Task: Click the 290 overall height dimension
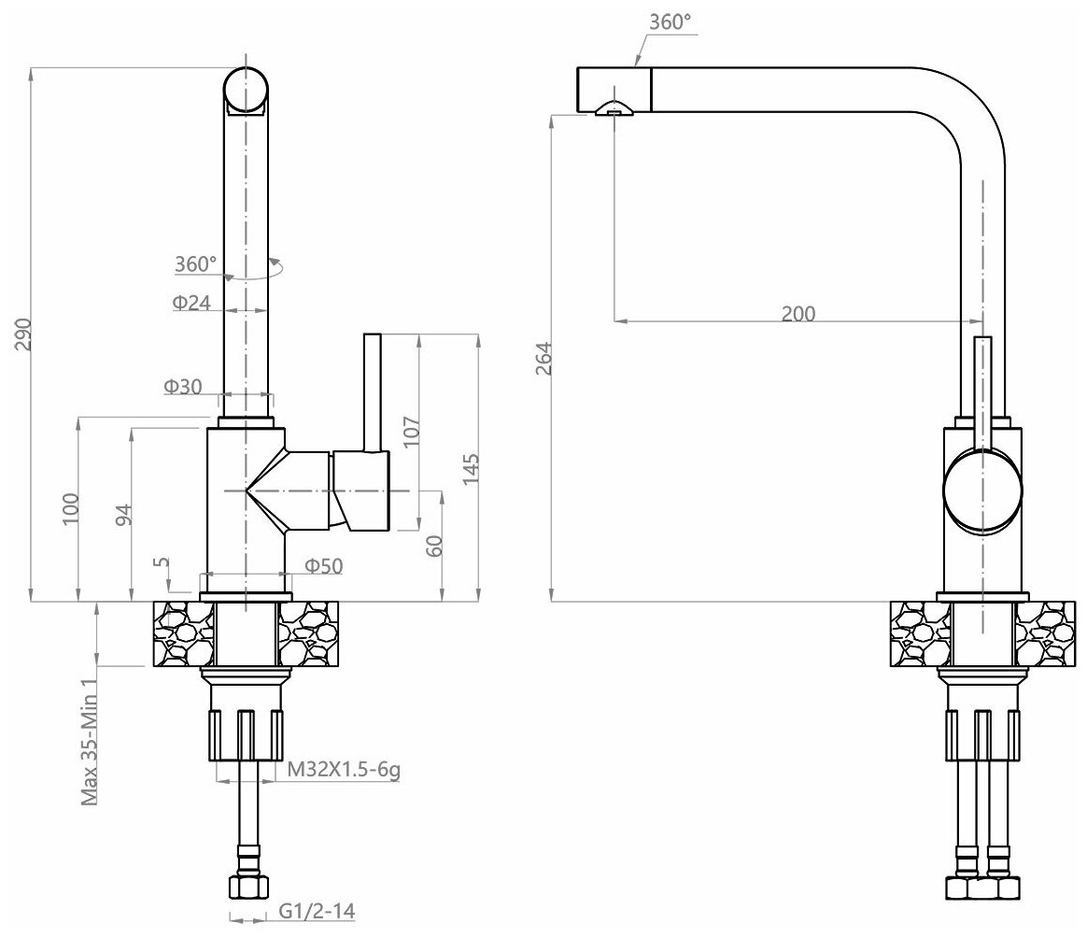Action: click(24, 334)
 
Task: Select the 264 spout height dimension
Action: click(544, 358)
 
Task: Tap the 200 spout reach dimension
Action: click(798, 314)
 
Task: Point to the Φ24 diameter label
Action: click(191, 303)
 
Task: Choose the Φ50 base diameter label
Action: click(324, 565)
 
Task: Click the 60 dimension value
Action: click(434, 547)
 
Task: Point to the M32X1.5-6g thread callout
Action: click(344, 770)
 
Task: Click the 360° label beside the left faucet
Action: click(195, 264)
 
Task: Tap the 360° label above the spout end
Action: click(671, 21)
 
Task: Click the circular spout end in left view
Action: click(247, 92)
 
